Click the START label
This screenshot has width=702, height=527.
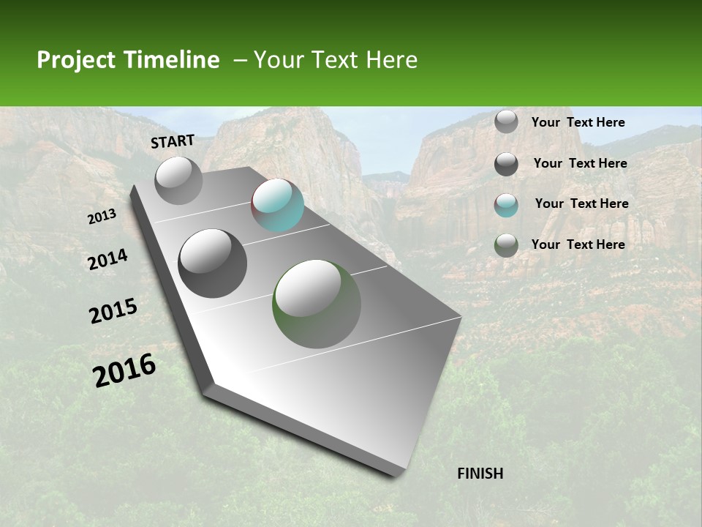click(x=173, y=141)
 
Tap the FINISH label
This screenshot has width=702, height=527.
click(x=480, y=474)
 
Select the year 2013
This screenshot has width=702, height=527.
click(x=102, y=217)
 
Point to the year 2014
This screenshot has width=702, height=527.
click(x=108, y=260)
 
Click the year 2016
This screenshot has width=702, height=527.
click(x=125, y=370)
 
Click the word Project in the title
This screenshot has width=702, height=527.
click(x=75, y=60)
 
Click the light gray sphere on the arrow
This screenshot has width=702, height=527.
click(x=178, y=180)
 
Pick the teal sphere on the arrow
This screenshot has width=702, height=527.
click(x=277, y=205)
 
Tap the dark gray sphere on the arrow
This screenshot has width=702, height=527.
click(x=212, y=263)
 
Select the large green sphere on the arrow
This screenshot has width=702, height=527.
click(x=317, y=304)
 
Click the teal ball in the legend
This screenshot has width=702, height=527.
click(x=506, y=205)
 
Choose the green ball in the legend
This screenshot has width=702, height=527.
click(x=506, y=245)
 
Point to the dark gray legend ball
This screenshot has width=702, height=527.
click(x=506, y=164)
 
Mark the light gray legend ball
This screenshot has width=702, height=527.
click(x=506, y=122)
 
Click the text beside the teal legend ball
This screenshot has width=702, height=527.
click(x=581, y=203)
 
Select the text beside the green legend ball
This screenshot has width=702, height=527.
click(x=578, y=244)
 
